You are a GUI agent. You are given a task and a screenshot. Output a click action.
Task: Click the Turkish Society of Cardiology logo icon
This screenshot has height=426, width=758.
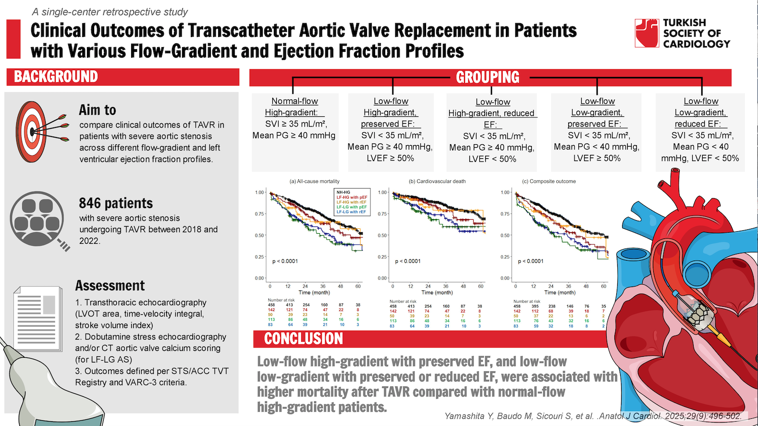pyautogui.click(x=647, y=33)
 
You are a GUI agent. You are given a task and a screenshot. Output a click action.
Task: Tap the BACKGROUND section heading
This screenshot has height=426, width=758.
pyautogui.click(x=56, y=77)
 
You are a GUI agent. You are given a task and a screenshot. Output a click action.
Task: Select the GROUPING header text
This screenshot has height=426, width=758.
pyautogui.click(x=488, y=77)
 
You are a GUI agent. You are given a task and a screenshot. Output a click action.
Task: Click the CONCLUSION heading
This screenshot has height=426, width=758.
pyautogui.click(x=304, y=339)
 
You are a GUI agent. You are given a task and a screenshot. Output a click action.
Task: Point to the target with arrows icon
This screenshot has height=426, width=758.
pyautogui.click(x=38, y=131)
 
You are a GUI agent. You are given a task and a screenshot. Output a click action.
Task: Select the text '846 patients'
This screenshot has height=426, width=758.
pyautogui.click(x=116, y=203)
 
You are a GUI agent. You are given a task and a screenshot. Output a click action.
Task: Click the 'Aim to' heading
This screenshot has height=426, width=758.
pyautogui.click(x=98, y=110)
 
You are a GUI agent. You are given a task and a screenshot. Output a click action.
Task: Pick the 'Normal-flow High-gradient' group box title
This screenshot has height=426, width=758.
pyautogui.click(x=294, y=107)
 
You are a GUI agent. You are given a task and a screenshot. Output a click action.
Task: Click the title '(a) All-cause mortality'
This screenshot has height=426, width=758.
pyautogui.click(x=314, y=181)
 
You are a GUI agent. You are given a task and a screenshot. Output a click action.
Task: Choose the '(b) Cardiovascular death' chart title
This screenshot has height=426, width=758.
pyautogui.click(x=437, y=181)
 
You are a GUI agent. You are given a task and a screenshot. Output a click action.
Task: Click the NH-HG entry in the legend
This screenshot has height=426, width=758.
pyautogui.click(x=343, y=192)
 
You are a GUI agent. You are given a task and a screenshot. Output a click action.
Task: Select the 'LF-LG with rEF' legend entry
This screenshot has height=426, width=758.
pyautogui.click(x=351, y=212)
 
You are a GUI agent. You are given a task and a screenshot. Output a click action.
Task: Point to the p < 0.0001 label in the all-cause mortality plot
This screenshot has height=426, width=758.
pyautogui.click(x=285, y=261)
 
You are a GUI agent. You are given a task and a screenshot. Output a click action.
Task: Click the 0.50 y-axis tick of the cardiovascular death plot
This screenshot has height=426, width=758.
pyautogui.click(x=383, y=236)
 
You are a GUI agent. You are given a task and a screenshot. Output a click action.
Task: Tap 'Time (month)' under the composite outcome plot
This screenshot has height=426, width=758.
pyautogui.click(x=560, y=292)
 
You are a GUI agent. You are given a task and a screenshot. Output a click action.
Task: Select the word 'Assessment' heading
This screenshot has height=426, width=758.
pyautogui.click(x=110, y=286)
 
